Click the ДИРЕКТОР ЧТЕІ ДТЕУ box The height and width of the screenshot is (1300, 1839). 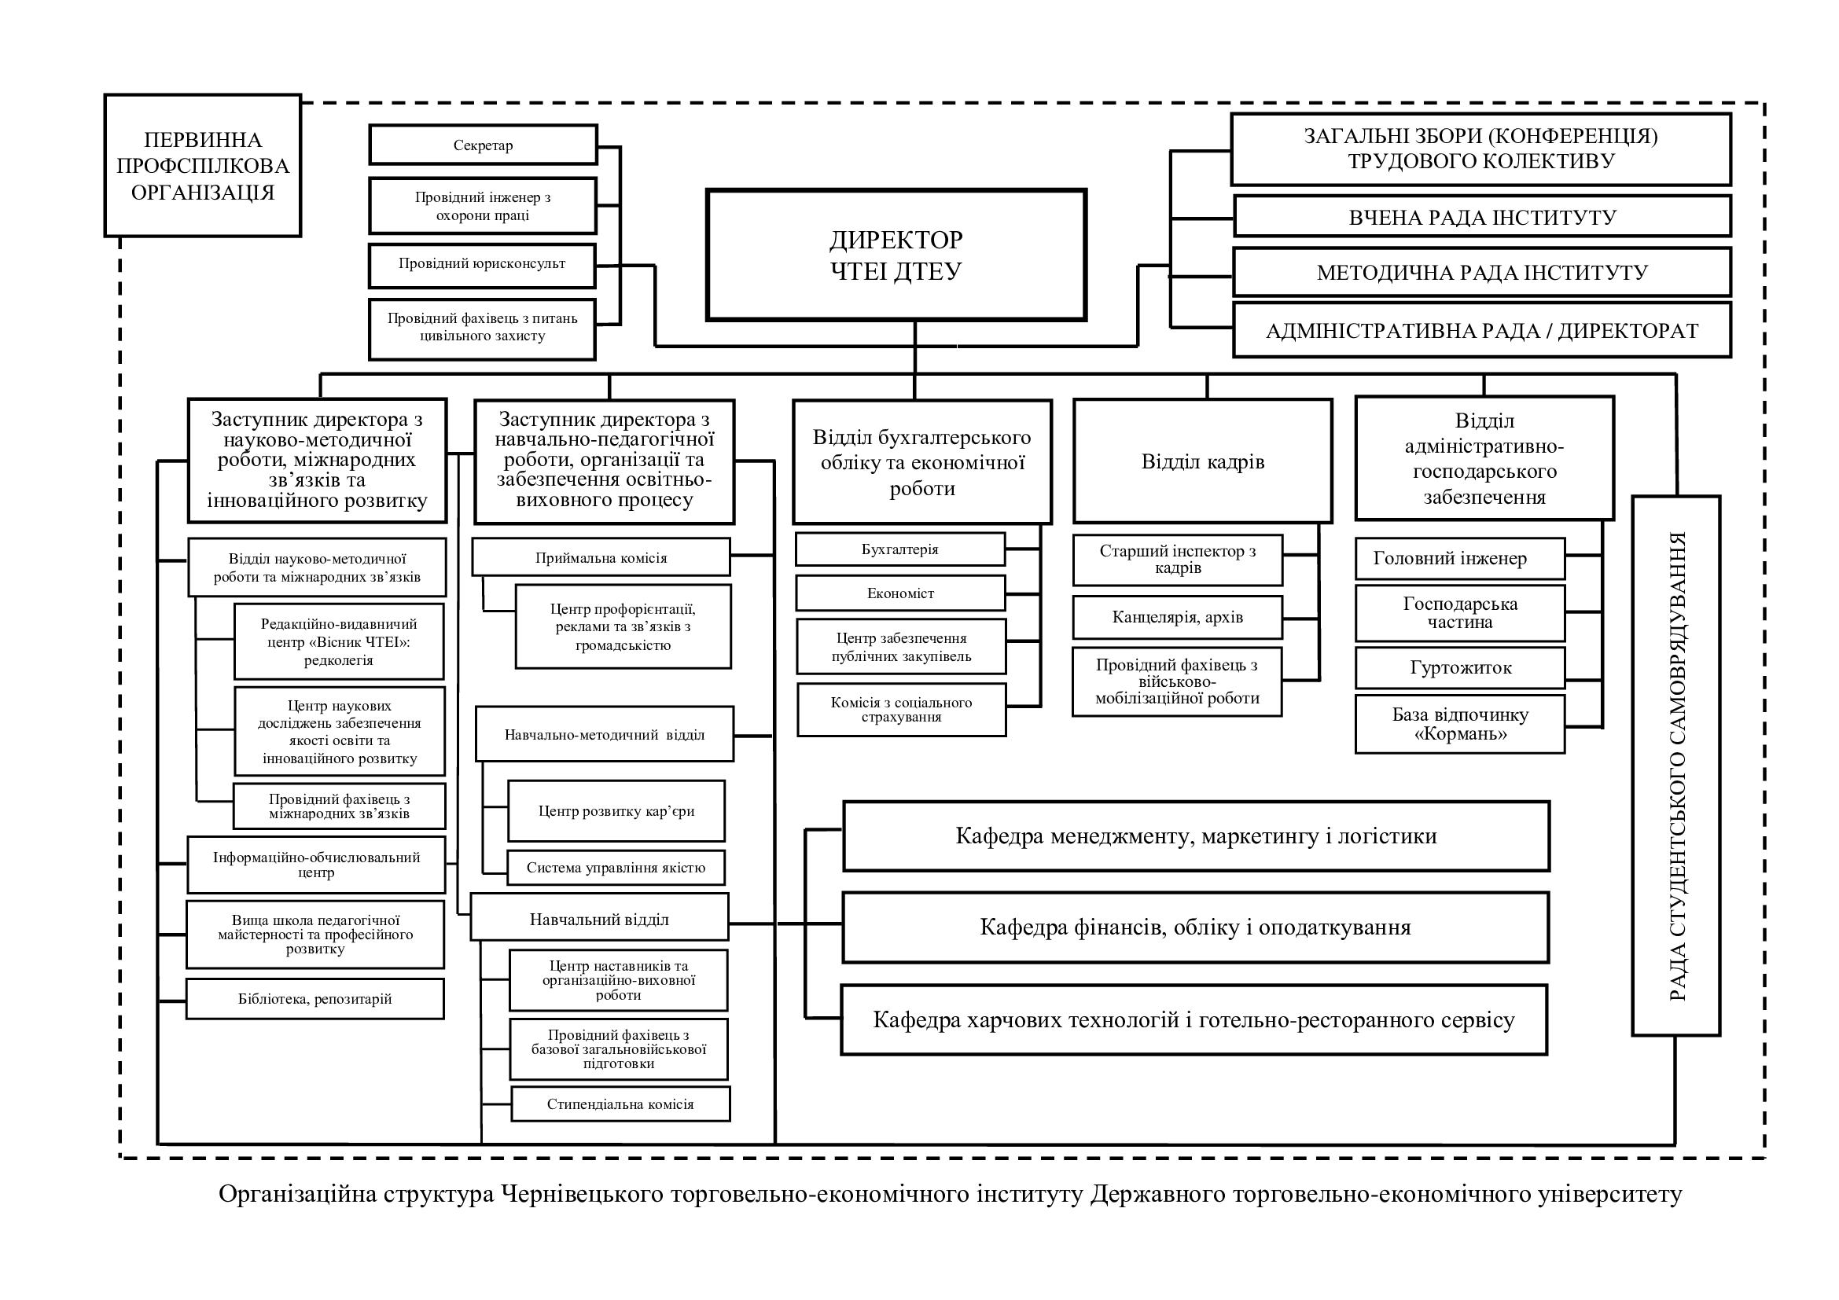pyautogui.click(x=896, y=255)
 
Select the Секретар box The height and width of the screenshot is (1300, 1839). pyautogui.click(x=483, y=145)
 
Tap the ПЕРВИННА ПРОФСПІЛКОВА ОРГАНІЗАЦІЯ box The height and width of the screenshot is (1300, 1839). pyautogui.click(x=203, y=166)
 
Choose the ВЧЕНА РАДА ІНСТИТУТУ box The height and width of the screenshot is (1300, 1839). pyautogui.click(x=1483, y=217)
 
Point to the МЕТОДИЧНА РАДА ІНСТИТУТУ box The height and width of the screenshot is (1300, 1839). pyautogui.click(x=1482, y=272)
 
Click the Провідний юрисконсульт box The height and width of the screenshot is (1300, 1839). pyautogui.click(x=482, y=265)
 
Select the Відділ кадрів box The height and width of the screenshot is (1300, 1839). pyautogui.click(x=1203, y=462)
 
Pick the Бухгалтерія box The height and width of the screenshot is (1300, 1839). pyautogui.click(x=900, y=550)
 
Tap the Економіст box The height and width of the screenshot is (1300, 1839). pyautogui.click(x=900, y=593)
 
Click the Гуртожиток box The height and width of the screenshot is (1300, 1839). pyautogui.click(x=1460, y=667)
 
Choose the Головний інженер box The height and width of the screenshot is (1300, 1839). pyautogui.click(x=1460, y=558)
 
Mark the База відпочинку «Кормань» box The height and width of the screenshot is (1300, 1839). pyautogui.click(x=1460, y=725)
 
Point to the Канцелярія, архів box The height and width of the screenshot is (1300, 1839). pyautogui.click(x=1178, y=617)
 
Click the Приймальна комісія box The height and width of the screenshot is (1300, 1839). pyautogui.click(x=601, y=557)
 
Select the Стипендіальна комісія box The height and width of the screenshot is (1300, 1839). pyautogui.click(x=621, y=1104)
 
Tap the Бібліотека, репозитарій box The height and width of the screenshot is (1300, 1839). pyautogui.click(x=314, y=999)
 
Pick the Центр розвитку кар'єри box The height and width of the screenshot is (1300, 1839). pyautogui.click(x=616, y=811)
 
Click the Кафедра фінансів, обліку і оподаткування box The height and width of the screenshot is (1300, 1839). pyautogui.click(x=1196, y=927)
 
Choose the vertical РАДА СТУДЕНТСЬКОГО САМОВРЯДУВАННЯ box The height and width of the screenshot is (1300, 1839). pyautogui.click(x=1676, y=766)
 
